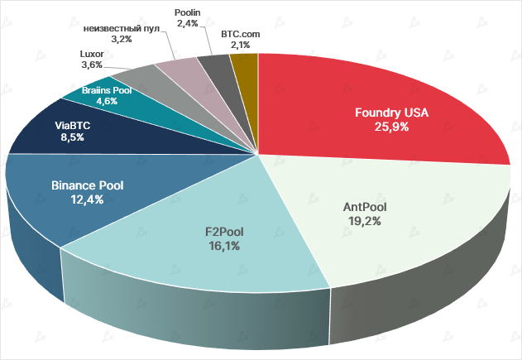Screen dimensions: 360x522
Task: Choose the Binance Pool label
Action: pyautogui.click(x=86, y=185)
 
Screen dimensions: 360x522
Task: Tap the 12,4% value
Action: pyautogui.click(x=86, y=199)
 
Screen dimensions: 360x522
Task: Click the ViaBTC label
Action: pyautogui.click(x=73, y=126)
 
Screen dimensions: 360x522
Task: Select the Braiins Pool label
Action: pyautogui.click(x=107, y=89)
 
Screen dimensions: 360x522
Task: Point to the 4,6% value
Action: pyautogui.click(x=107, y=101)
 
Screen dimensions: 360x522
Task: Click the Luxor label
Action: pyautogui.click(x=92, y=52)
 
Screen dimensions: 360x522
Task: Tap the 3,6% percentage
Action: pyautogui.click(x=92, y=64)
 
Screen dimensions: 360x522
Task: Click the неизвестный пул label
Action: pyautogui.click(x=122, y=27)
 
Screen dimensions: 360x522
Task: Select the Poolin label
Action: pyautogui.click(x=189, y=12)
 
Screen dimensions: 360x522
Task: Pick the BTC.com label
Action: pyautogui.click(x=241, y=34)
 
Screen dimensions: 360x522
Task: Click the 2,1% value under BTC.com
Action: pyautogui.click(x=241, y=45)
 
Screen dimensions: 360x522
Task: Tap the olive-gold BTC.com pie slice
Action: pyautogui.click(x=245, y=65)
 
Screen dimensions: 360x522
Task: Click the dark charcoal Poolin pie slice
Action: pyautogui.click(x=218, y=66)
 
